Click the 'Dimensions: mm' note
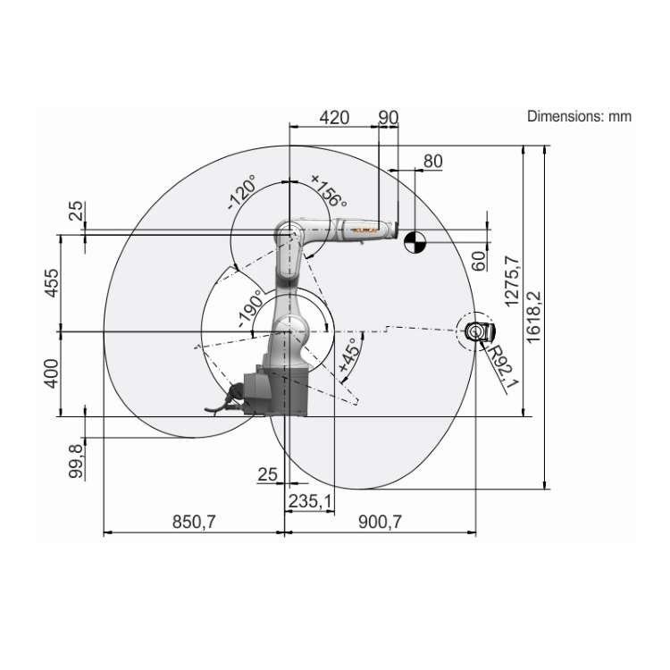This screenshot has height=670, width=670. pyautogui.click(x=579, y=116)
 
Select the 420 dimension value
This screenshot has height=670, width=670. pyautogui.click(x=334, y=117)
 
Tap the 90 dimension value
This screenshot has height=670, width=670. pyautogui.click(x=388, y=117)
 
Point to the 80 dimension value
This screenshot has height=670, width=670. pyautogui.click(x=432, y=162)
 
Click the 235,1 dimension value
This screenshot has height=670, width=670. pyautogui.click(x=309, y=503)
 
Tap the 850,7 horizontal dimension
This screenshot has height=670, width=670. pyautogui.click(x=194, y=523)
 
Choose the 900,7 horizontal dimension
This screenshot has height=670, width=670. pyautogui.click(x=380, y=523)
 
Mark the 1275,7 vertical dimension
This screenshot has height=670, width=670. pyautogui.click(x=511, y=281)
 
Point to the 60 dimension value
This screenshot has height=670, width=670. pyautogui.click(x=479, y=260)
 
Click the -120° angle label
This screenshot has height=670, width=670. pyautogui.click(x=242, y=192)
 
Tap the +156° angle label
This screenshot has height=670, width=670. pyautogui.click(x=328, y=190)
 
